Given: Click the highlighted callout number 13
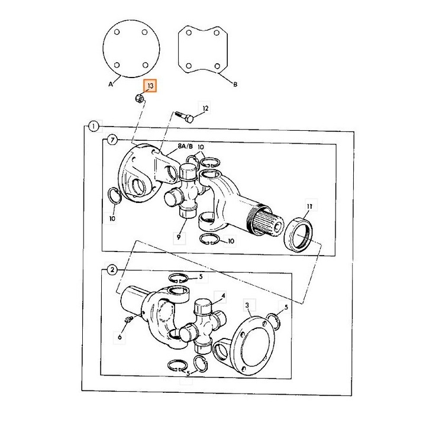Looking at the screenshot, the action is pos(150,86).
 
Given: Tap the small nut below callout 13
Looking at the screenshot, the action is pos(138,98).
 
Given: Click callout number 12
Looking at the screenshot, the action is pos(205,108).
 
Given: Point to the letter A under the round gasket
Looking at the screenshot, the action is pos(111,84).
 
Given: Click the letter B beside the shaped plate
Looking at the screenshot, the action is pos(235,85).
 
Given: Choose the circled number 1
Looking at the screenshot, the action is pos(93,127).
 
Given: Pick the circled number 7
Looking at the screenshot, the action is pos(112,140).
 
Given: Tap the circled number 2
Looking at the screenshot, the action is pos(112,270).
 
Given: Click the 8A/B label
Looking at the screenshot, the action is pos(185,147).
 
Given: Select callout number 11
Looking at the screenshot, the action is pos(309,206).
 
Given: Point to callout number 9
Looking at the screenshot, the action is pos(179,237).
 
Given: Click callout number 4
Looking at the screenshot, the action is pos(223,295).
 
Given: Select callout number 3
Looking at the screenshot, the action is pos(247,305).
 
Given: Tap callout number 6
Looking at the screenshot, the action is pos(120,337).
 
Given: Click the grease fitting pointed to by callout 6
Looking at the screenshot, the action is pos(128,319).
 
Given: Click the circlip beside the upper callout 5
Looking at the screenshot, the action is pos(178,278).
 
